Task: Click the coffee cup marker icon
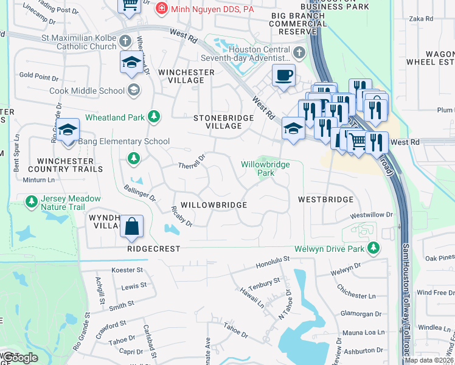(x=283, y=76)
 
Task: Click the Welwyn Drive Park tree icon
(x=376, y=248)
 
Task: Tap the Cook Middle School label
(x=95, y=91)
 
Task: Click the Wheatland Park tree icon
(x=155, y=115)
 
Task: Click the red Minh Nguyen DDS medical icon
(x=161, y=8)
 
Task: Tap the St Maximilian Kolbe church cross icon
(x=125, y=42)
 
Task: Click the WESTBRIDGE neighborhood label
(x=325, y=200)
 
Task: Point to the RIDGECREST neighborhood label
(x=154, y=249)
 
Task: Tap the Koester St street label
(x=127, y=269)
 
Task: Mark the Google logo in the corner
(x=20, y=358)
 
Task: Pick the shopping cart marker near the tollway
(x=358, y=142)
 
